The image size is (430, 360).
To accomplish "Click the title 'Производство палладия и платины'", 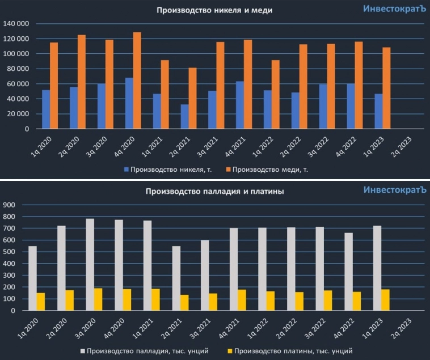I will pos(215,192).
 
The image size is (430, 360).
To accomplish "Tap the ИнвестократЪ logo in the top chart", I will pos(394,9).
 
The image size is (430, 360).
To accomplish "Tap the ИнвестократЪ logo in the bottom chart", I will pos(394,190).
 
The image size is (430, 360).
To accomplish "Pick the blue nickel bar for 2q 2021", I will pos(184,116).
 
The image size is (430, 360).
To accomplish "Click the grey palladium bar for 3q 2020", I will pos(90,265).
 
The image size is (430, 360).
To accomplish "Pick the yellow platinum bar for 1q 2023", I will pos(386,300).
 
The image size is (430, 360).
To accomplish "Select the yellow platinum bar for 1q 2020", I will pos(41,302).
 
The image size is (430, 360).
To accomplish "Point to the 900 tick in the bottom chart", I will pos(11,205).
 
